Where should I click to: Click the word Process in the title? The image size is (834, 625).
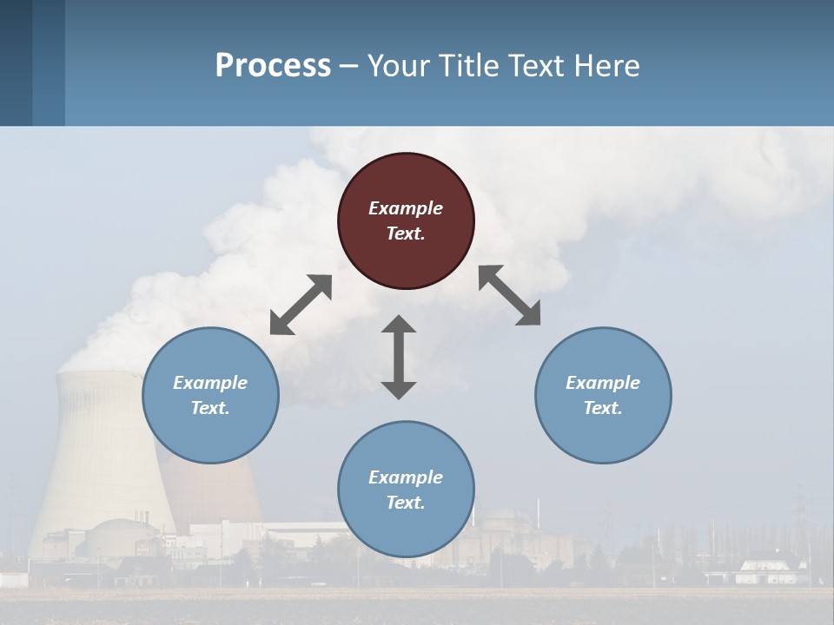point(273,65)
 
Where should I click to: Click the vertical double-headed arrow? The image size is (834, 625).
point(399,357)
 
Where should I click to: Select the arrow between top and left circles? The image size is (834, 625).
point(301,305)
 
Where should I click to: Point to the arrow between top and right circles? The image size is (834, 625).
point(510,295)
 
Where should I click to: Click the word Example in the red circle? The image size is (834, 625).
point(406,208)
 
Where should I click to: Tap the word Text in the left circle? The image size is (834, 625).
point(210,408)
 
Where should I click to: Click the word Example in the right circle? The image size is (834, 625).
point(603,383)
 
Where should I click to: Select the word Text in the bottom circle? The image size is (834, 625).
point(406,503)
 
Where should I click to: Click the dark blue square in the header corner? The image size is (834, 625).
point(16,62)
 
